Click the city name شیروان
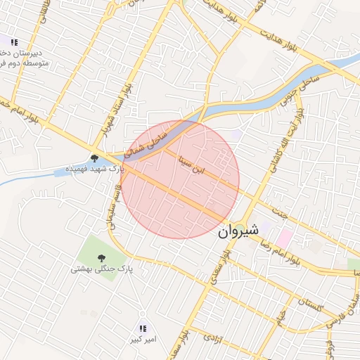click(x=238, y=230)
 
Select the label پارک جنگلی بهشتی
click(x=101, y=269)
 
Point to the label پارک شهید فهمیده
click(x=94, y=169)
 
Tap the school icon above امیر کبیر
click(x=143, y=328)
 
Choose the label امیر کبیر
click(x=143, y=340)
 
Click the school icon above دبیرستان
click(x=14, y=43)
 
